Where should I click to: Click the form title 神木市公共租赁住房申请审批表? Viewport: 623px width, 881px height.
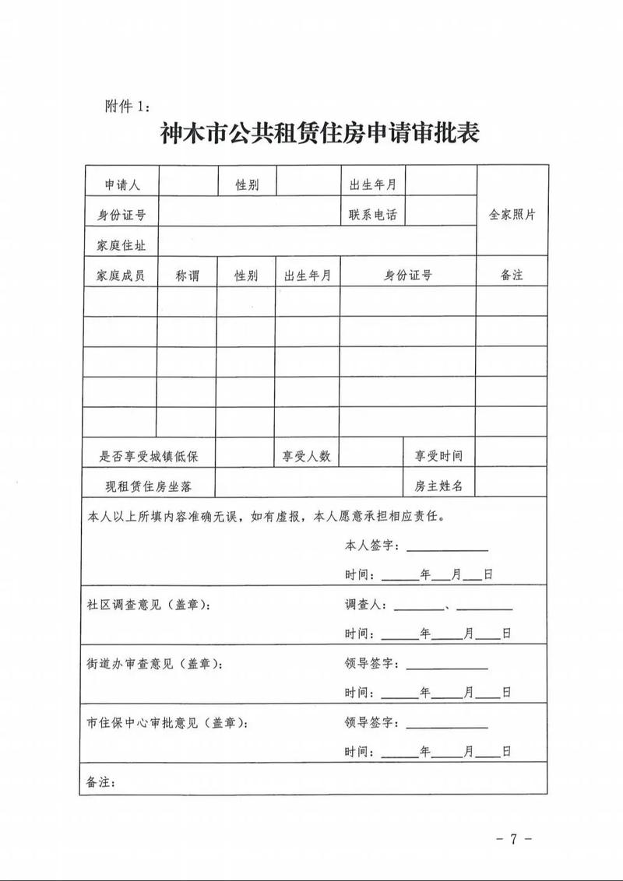click(319, 132)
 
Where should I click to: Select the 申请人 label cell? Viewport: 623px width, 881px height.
click(122, 185)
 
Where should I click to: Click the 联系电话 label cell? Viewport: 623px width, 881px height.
click(372, 215)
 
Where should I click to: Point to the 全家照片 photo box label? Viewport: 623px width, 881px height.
click(512, 215)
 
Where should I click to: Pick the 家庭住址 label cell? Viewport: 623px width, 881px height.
click(121, 245)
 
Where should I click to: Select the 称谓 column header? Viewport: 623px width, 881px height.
click(187, 276)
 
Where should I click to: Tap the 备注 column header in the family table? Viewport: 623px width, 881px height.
click(512, 276)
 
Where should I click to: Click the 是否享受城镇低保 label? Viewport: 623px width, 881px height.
click(148, 457)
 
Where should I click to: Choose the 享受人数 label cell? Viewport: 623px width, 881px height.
click(306, 457)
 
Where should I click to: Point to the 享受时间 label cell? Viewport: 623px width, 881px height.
click(438, 457)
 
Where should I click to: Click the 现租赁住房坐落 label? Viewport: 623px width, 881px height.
click(149, 486)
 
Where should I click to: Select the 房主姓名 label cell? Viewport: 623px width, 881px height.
click(438, 486)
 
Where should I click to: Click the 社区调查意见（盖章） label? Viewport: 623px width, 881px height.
click(148, 605)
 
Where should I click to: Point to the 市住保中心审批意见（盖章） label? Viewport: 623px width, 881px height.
click(167, 723)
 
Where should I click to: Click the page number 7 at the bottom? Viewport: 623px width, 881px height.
click(513, 839)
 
